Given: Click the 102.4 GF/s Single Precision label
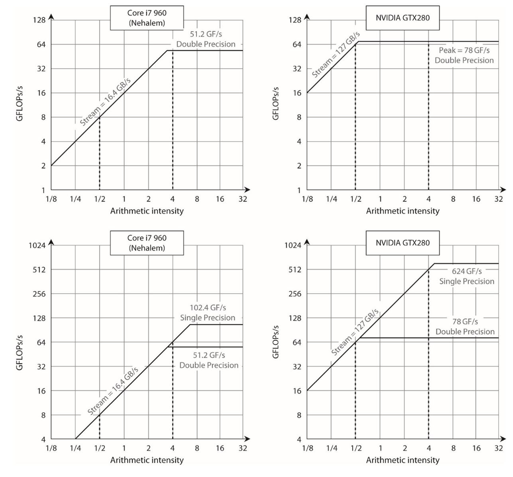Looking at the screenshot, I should tap(207, 313).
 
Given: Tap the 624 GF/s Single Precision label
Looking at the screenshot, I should tap(466, 276).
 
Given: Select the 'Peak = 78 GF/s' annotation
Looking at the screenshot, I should tap(464, 55).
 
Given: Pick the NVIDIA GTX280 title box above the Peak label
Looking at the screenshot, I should tap(402, 18).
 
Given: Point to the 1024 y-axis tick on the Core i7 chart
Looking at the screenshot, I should tap(39, 246).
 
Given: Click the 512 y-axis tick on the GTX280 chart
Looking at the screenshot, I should tap(294, 270).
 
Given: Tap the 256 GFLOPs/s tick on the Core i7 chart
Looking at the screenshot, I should tap(39, 294).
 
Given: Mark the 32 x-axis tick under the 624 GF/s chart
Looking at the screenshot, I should tap(498, 448).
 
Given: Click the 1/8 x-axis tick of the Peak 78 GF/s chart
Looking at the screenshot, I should tap(307, 199).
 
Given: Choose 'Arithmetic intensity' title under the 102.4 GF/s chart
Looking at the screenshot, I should tap(147, 460).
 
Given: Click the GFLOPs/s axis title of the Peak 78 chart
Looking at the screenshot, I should tap(275, 104).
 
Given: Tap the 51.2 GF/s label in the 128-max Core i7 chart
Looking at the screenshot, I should tap(205, 39).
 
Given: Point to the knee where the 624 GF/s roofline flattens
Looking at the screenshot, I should tap(434, 264).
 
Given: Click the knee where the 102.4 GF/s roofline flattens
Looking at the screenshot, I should tap(190, 325).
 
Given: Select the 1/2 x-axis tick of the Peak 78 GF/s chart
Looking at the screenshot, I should tap(355, 199).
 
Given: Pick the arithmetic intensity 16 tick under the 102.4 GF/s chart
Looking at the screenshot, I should tap(220, 448).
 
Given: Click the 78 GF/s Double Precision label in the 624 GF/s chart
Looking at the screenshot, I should tap(465, 326).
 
